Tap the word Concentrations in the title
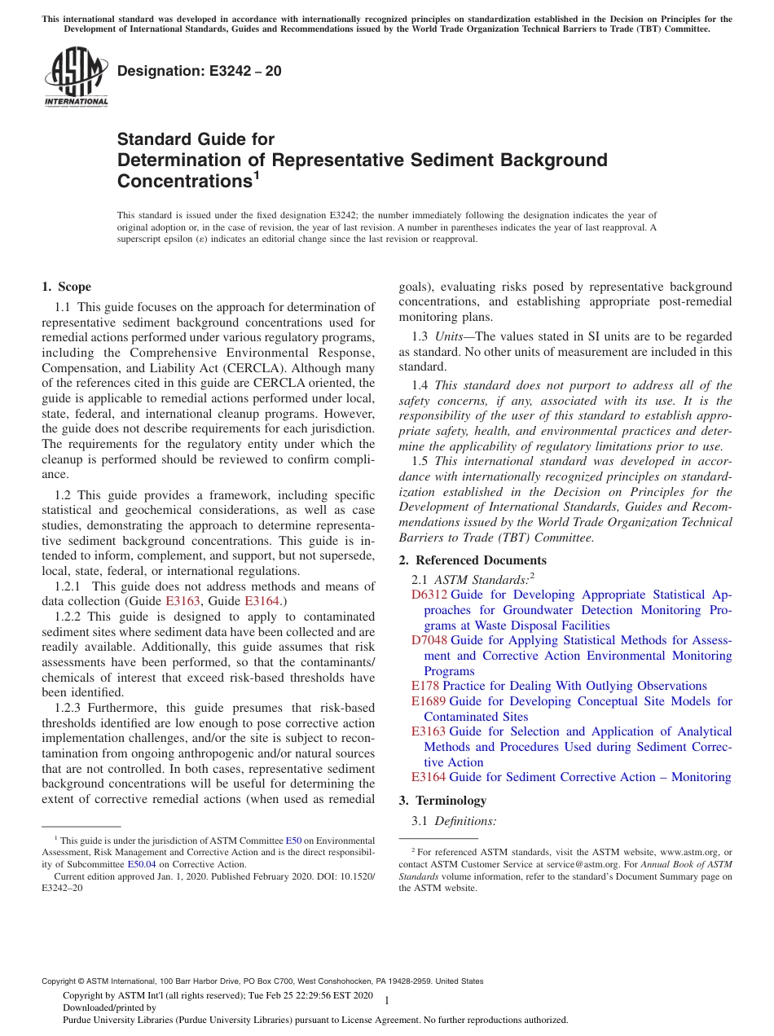coord(181,179)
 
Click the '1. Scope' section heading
coord(67,287)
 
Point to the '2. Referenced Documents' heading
coord(473,560)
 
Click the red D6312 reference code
coord(429,595)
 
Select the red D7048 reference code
coord(429,640)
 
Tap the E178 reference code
coord(425,686)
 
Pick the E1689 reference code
coord(429,701)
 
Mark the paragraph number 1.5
coord(421,461)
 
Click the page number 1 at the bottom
coord(387,1000)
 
